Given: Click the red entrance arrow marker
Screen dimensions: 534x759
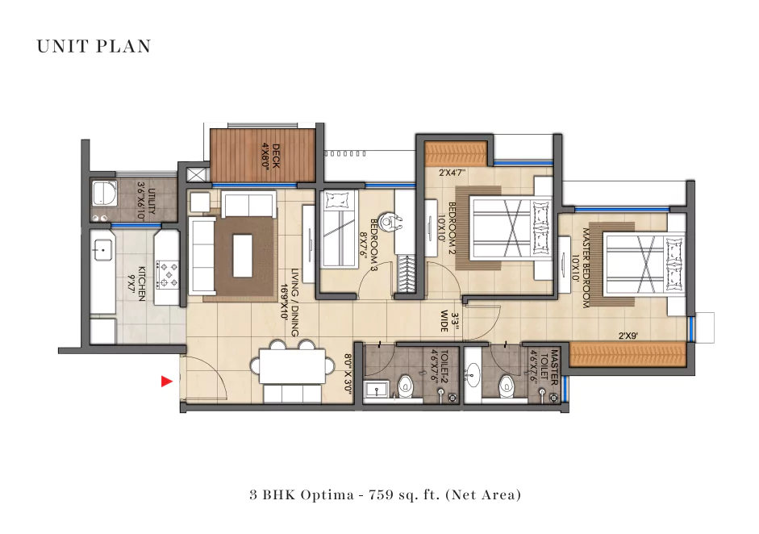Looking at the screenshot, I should tap(167, 382).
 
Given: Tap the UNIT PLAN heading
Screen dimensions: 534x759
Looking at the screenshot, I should tap(94, 47).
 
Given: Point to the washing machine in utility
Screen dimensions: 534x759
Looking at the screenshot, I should tap(102, 195).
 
